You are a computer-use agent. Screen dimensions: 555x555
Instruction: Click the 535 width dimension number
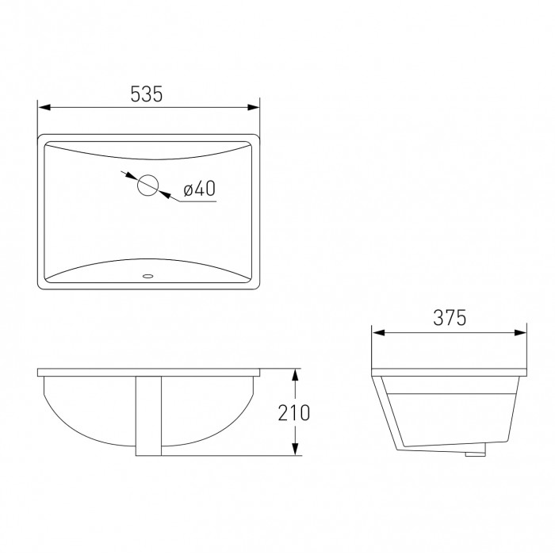147,94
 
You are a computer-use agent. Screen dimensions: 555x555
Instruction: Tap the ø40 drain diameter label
199,189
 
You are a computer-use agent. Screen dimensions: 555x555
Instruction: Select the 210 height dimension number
294,413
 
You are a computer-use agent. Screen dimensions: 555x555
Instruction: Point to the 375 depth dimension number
450,317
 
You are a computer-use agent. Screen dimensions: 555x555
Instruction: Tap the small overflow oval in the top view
147,276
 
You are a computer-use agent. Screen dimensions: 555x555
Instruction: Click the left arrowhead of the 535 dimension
44,107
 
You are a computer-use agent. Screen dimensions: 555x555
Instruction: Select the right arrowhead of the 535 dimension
254,107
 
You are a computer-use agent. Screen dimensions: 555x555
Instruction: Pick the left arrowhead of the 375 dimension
378,333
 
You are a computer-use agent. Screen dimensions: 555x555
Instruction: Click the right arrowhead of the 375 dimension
520,333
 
